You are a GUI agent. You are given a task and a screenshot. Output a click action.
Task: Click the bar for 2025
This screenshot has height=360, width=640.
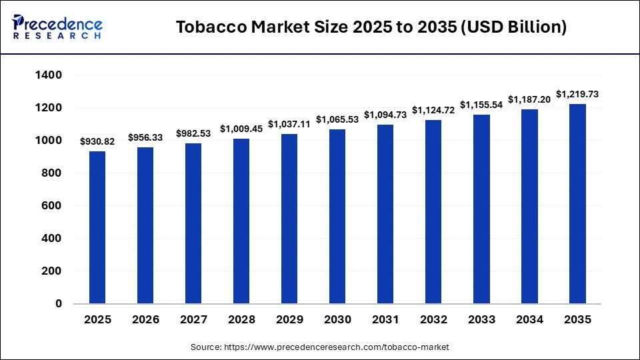point(97,227)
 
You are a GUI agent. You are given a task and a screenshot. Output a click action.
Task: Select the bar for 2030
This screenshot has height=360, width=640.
point(337,216)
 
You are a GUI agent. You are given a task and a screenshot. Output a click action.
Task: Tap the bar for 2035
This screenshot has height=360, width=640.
point(577,203)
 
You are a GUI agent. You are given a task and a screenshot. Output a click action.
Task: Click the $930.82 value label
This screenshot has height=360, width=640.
point(97,141)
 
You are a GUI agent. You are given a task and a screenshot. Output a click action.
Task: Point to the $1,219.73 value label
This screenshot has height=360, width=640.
point(577,94)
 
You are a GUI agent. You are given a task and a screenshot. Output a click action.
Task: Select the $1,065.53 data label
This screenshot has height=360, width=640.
point(337,119)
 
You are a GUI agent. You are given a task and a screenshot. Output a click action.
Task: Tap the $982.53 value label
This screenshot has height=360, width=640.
point(193,133)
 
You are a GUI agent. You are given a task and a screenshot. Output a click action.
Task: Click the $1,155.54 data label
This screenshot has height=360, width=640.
point(481,105)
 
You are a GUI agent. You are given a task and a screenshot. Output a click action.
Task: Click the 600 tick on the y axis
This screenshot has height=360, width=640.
point(53,206)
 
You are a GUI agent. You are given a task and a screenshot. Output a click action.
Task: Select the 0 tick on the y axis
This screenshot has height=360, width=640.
point(58,304)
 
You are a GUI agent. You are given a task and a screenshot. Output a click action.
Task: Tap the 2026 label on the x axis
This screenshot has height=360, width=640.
point(145,320)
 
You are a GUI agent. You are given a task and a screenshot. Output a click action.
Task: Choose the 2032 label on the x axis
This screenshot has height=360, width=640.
point(433,320)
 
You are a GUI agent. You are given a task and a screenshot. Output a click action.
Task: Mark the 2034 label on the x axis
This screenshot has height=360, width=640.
point(529,320)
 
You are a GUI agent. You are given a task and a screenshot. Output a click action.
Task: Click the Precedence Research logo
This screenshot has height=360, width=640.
point(57,27)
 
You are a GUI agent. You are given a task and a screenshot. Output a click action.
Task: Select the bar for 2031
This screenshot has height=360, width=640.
point(385,214)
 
